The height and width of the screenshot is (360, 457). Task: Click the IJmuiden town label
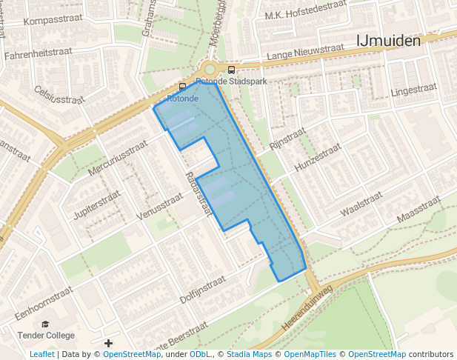[388, 41]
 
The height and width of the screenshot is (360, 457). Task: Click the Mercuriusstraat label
[113, 159]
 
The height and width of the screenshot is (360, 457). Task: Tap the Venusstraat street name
[160, 204]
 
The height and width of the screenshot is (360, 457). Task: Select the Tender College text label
[45, 336]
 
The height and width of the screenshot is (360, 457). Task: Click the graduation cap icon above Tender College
[45, 324]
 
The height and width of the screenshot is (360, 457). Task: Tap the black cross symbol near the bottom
[109, 343]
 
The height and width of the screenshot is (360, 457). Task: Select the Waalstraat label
[361, 204]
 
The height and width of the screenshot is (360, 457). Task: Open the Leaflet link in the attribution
[41, 354]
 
